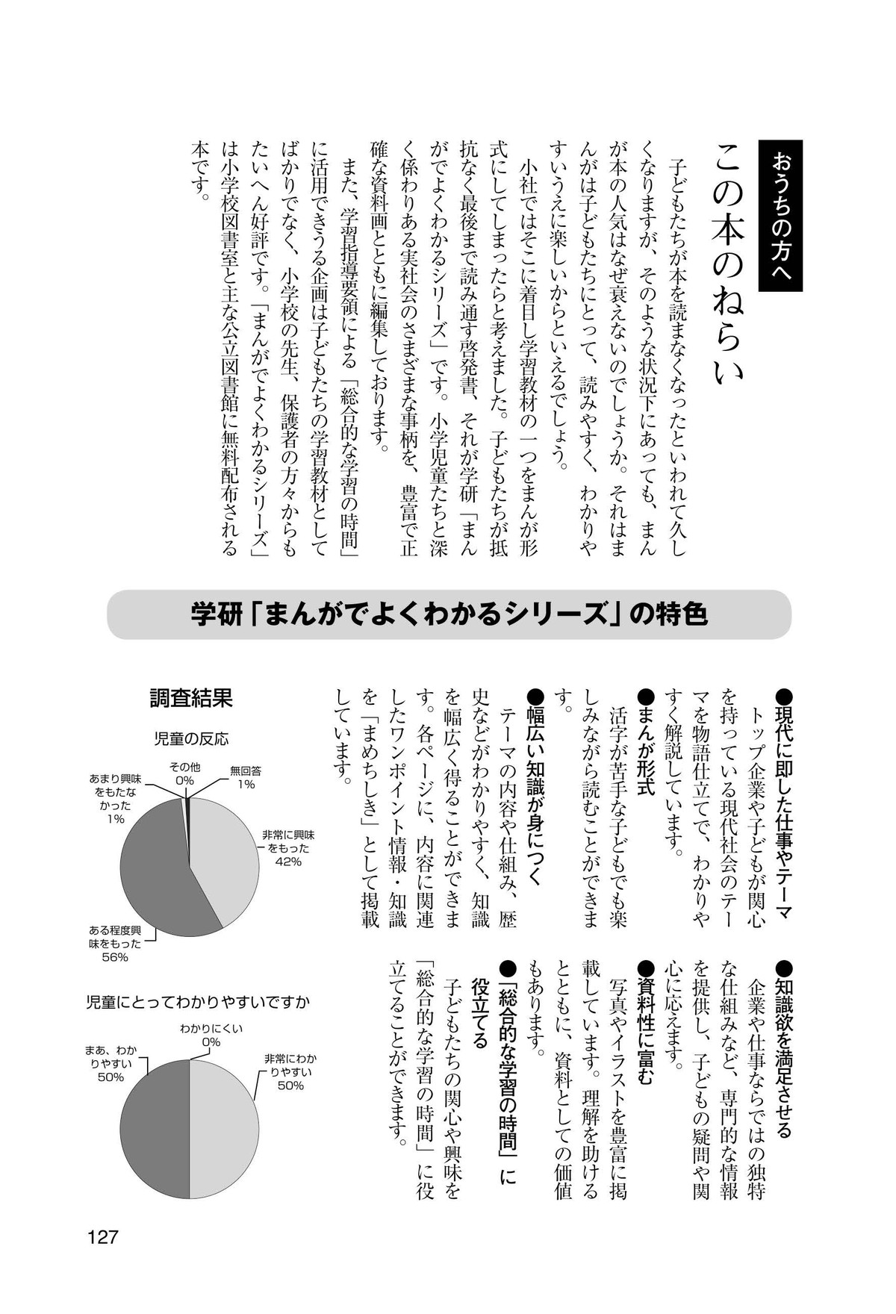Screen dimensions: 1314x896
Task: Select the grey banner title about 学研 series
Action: point(448,614)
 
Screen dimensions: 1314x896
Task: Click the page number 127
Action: point(103,1237)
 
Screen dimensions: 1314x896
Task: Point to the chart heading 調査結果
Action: point(191,698)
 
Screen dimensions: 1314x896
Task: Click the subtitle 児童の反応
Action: point(191,739)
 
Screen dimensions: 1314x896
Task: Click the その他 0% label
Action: point(184,773)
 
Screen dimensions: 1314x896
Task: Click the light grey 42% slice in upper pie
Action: point(224,859)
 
